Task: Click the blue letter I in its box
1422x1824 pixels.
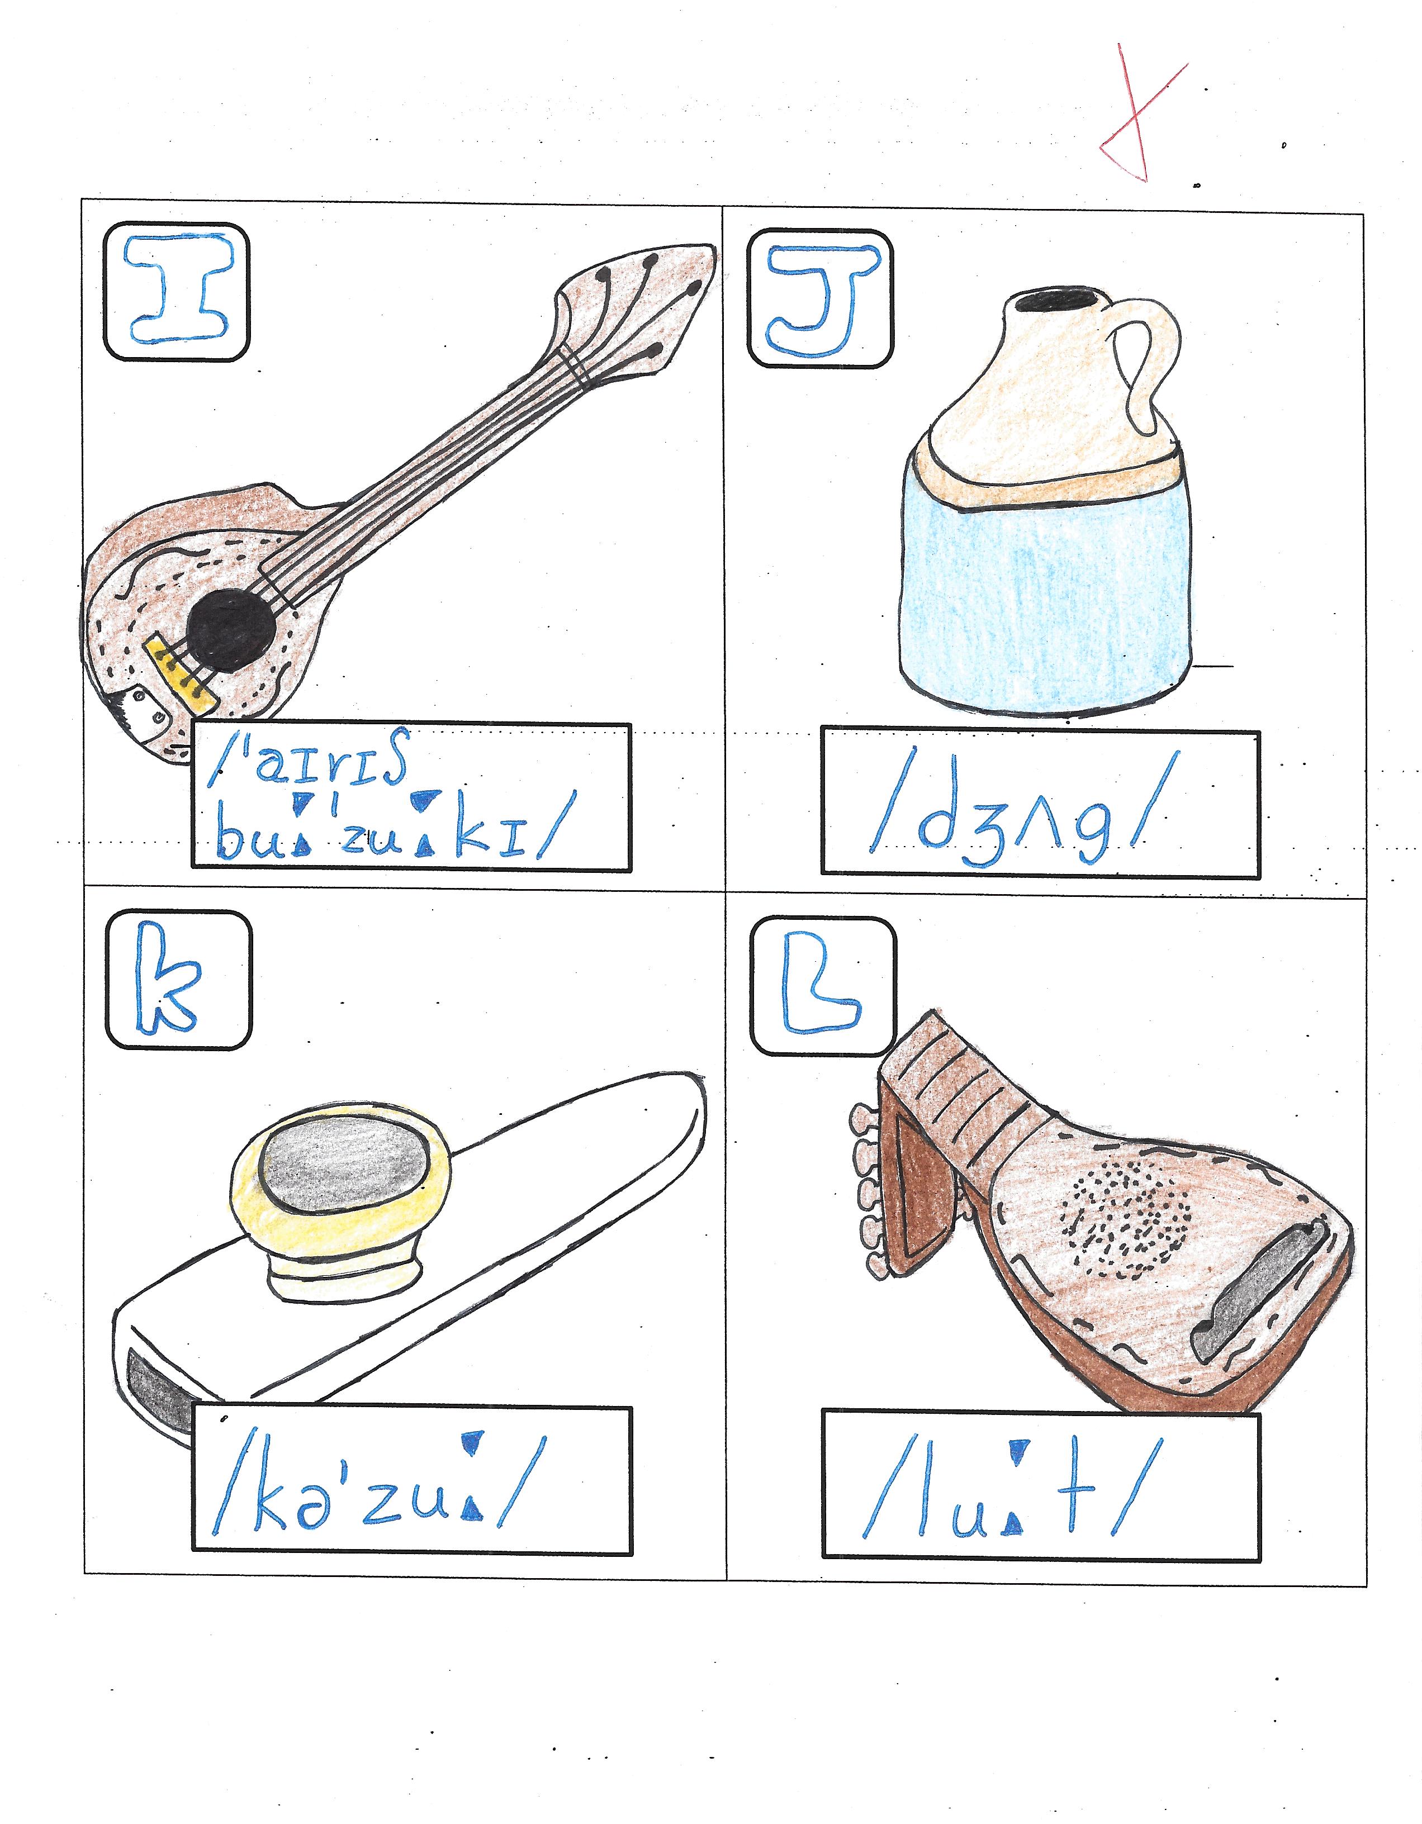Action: [176, 291]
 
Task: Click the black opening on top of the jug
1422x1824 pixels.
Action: [1058, 299]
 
